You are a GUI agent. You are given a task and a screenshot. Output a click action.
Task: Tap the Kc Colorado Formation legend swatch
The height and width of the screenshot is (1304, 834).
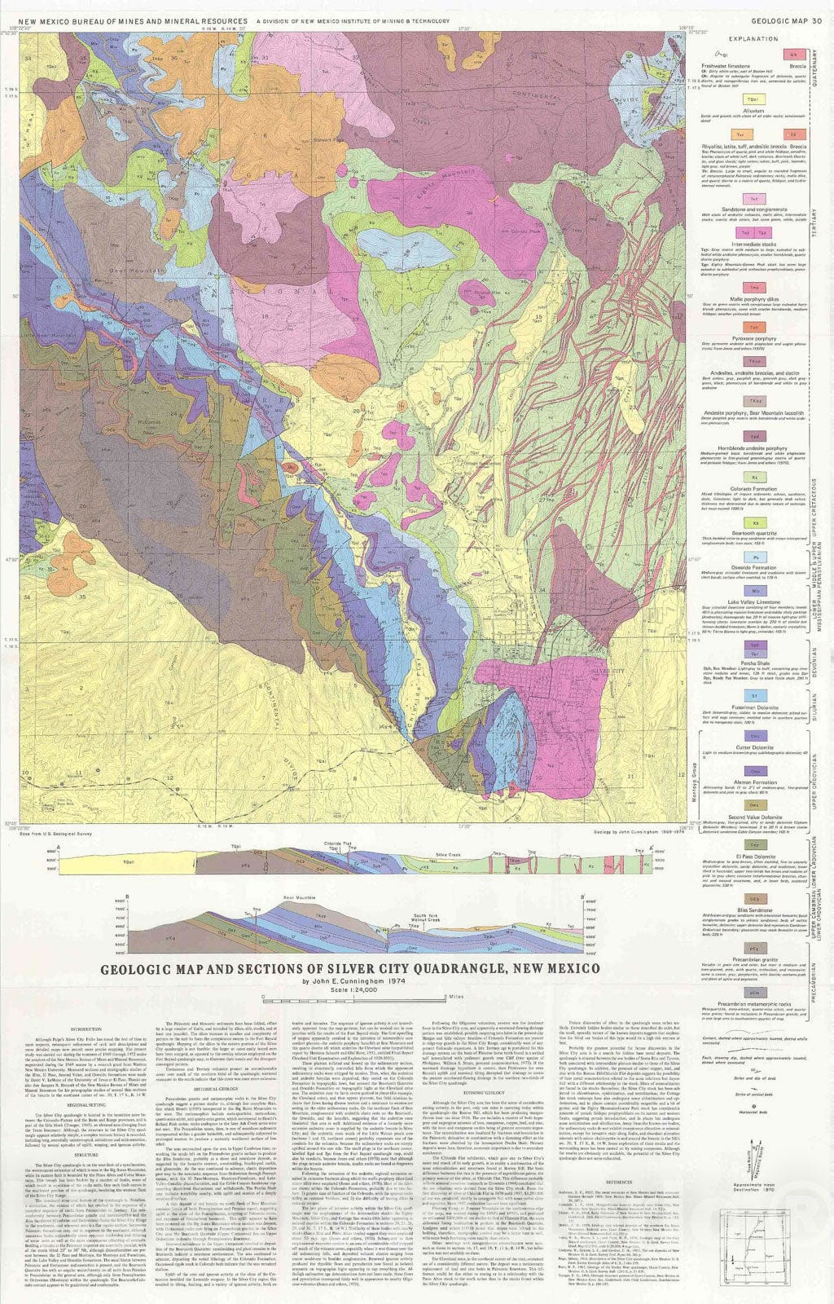point(755,478)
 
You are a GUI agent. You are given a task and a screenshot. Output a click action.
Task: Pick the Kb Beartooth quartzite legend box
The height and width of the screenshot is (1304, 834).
point(755,522)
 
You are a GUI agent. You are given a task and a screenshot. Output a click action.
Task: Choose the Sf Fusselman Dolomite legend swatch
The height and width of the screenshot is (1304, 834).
point(755,696)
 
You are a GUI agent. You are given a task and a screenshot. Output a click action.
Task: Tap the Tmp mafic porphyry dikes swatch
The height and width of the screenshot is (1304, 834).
point(755,288)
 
